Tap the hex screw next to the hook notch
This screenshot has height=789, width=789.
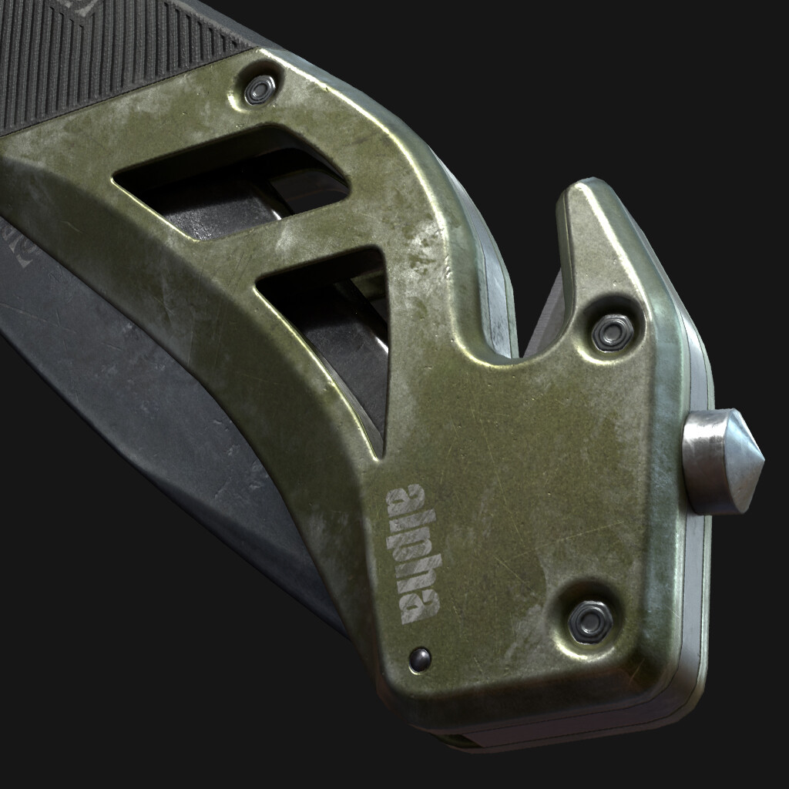[612, 332]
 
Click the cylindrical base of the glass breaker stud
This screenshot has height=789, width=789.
[705, 460]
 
